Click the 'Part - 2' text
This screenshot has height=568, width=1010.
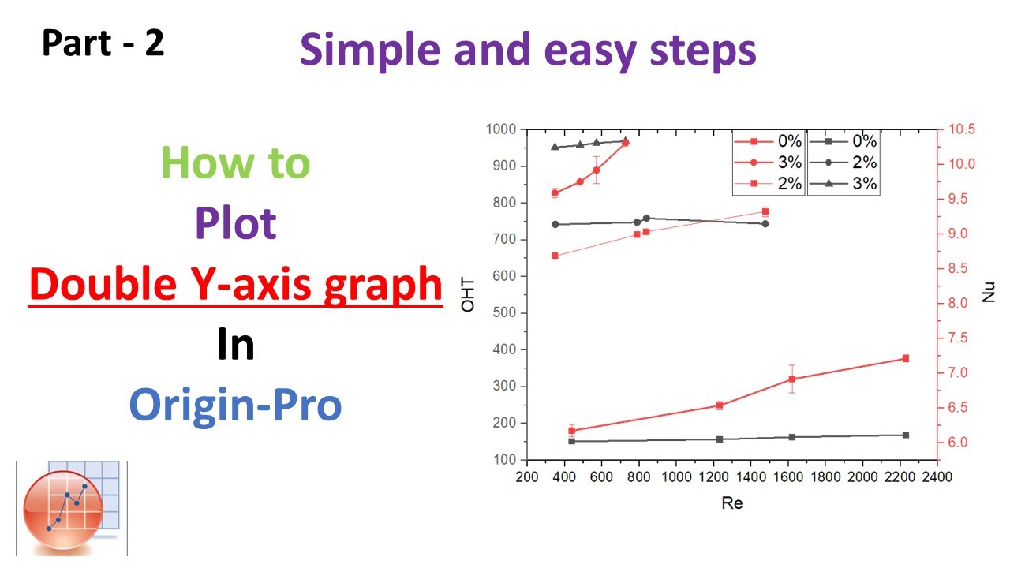point(103,43)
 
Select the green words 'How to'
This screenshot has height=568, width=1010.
point(235,163)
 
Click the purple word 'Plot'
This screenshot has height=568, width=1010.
point(235,223)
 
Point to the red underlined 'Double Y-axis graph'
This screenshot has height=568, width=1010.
point(235,284)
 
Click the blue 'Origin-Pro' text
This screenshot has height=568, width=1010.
point(235,405)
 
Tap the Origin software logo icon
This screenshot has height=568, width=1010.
point(71,510)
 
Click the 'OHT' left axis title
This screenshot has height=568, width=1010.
point(469,294)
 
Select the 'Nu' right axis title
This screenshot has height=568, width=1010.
point(989,293)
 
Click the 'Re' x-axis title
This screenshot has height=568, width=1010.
point(731,503)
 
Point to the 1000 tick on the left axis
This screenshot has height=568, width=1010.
point(501,129)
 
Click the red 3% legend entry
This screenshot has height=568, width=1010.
point(770,163)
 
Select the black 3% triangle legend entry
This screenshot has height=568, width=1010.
point(844,185)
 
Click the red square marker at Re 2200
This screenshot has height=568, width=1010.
point(906,358)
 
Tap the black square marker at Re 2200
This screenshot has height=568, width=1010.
point(906,435)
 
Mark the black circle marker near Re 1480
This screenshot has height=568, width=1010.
point(765,224)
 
